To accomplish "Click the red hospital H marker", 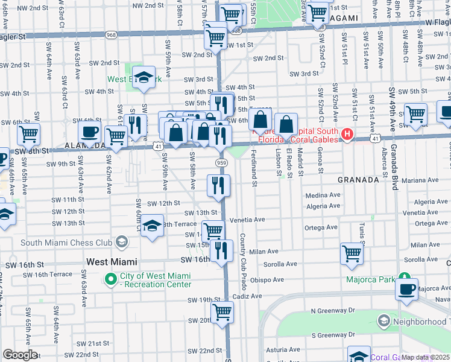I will point(347,134).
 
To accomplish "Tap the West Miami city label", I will point(112,262).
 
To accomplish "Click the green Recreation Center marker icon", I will point(111,280).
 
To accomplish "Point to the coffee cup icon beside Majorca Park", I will point(407,288).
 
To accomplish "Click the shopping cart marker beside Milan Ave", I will point(352,253).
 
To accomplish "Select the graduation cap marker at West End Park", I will point(143,77).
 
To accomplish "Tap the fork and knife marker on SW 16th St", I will point(221,250).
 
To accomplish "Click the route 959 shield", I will point(221,163).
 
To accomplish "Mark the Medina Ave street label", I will point(323,195).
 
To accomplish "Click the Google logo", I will point(20,355).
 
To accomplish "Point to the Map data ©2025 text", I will point(426,357).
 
